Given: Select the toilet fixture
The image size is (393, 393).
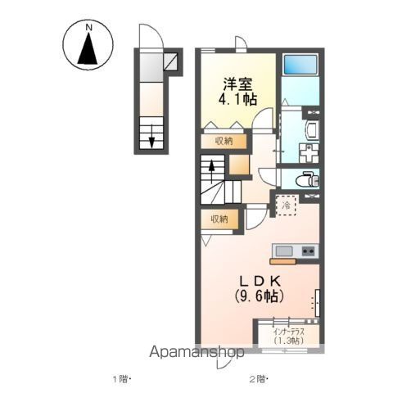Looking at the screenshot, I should [305, 178].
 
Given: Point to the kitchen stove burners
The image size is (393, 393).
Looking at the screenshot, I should [308, 251].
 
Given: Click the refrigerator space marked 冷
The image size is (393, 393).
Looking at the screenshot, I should [287, 206].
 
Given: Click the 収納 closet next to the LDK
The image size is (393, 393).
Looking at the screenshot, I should [219, 219].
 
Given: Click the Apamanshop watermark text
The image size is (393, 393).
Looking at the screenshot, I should [196, 353].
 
